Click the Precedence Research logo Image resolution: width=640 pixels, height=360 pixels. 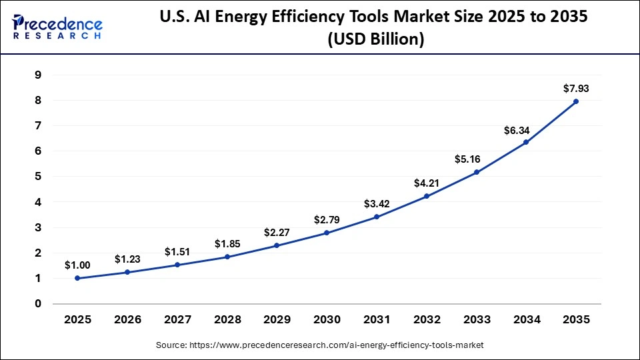57,27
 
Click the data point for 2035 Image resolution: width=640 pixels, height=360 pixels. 576,102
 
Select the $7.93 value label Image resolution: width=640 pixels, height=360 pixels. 576,88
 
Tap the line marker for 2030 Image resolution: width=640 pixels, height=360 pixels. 327,233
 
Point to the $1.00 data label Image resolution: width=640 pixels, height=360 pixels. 77,265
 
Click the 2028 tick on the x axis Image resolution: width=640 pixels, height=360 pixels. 227,319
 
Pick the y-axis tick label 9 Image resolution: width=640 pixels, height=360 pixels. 38,75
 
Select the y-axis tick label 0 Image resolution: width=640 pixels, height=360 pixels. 38,304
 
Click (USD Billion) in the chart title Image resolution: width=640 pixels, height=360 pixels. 375,40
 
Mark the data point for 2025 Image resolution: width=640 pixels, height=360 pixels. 77,278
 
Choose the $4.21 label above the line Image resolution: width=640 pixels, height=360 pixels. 427,183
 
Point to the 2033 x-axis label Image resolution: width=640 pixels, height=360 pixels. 476,319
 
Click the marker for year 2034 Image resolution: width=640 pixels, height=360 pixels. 526,142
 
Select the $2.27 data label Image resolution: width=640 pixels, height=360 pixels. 277,232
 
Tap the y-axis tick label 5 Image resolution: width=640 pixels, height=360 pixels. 38,177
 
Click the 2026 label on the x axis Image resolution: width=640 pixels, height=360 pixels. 127,319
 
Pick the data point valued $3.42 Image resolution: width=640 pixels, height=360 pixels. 377,217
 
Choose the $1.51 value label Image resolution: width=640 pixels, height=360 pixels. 177,251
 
